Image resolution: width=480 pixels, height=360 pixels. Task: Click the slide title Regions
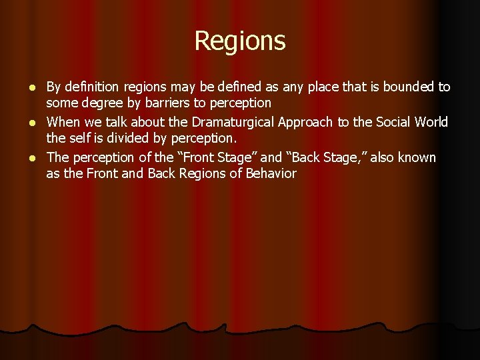click(x=240, y=41)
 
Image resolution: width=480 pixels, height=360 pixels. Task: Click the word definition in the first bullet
click(x=89, y=87)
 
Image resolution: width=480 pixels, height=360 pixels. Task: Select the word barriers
click(x=163, y=103)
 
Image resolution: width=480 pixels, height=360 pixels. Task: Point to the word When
click(x=63, y=123)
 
